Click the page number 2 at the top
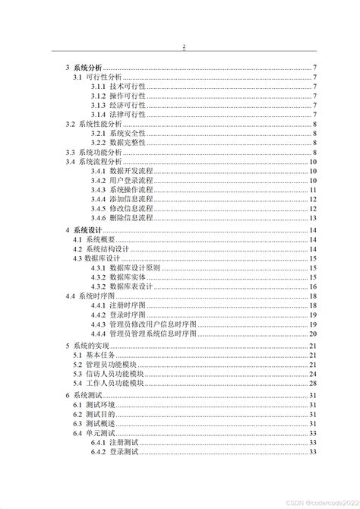click(184, 47)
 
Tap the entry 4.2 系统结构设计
click(103, 249)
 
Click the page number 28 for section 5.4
click(312, 383)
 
